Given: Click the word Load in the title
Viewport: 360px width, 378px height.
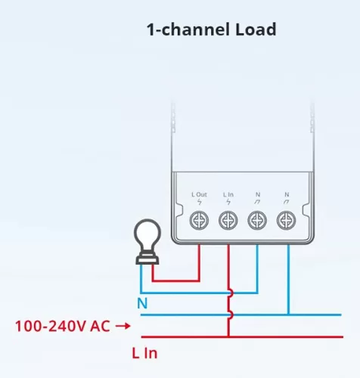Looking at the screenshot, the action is coord(256,29).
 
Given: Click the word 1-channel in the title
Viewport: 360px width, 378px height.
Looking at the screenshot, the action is coord(188,29).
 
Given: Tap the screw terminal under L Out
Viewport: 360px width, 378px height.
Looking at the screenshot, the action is coord(199,221).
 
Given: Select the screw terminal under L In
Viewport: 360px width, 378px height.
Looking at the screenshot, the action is coord(228,221).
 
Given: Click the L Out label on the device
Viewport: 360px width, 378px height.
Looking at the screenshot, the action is coord(199,194).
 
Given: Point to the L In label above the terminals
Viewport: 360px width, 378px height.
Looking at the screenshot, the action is coord(228,194).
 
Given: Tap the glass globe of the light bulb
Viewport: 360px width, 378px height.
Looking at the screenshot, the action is coord(147,235).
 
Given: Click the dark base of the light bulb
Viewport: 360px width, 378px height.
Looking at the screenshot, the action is coord(147,259).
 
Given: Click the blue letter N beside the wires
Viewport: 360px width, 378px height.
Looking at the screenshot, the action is coord(142,303).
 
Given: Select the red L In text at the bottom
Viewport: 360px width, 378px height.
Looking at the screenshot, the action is coord(144,353).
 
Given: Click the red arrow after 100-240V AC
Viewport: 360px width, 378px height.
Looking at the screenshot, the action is coord(123,326).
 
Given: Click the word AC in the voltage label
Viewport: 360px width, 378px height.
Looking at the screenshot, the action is coord(100,326).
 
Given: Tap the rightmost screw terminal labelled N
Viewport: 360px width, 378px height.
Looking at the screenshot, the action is coord(287,221).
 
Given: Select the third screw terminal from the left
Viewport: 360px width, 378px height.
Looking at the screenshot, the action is coord(257,221).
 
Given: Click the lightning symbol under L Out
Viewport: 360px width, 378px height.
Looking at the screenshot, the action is coord(200,202).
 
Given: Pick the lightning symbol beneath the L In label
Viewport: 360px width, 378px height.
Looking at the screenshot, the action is coord(228,202).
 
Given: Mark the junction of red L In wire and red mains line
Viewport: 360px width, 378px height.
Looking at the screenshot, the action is coord(228,336).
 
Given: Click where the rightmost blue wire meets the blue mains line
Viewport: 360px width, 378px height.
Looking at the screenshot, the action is coord(289,314).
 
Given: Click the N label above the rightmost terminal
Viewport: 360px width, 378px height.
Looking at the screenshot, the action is coord(287,194).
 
